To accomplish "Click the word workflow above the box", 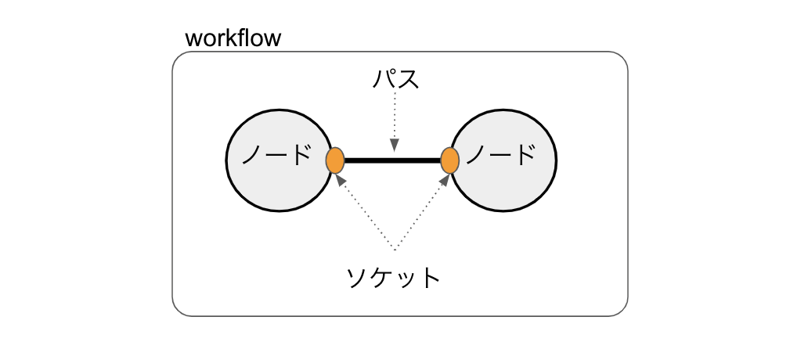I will pyautogui.click(x=233, y=38).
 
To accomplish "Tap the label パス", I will pyautogui.click(x=396, y=79).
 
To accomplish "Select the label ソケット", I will pyautogui.click(x=394, y=277).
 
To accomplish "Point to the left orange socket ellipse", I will pyautogui.click(x=335, y=160).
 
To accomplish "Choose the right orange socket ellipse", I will pyautogui.click(x=449, y=160).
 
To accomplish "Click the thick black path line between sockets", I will pyautogui.click(x=392, y=160).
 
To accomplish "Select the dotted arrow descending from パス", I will pyautogui.click(x=395, y=117).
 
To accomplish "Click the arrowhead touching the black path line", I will pyautogui.click(x=395, y=145).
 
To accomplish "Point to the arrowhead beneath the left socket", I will pyautogui.click(x=340, y=180).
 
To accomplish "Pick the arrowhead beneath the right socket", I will pyautogui.click(x=446, y=180).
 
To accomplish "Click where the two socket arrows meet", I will pyautogui.click(x=395, y=250).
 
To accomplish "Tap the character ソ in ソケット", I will pyautogui.click(x=358, y=277).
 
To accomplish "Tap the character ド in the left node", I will pyautogui.click(x=299, y=155).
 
